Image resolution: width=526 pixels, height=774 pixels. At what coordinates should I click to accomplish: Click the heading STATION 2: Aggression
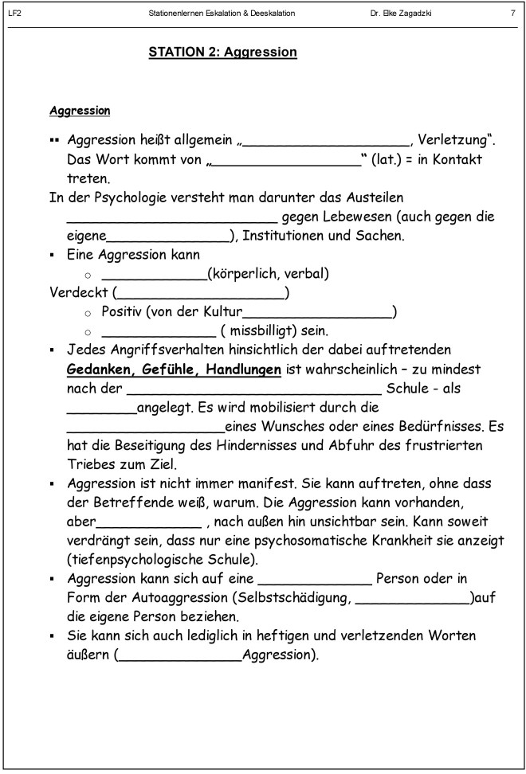tap(222, 53)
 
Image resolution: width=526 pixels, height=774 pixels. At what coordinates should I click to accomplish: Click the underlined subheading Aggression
tap(80, 110)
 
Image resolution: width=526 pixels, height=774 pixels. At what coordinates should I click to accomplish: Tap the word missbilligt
tap(264, 330)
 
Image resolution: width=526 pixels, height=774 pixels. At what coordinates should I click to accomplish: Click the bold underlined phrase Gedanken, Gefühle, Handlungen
tap(174, 369)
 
